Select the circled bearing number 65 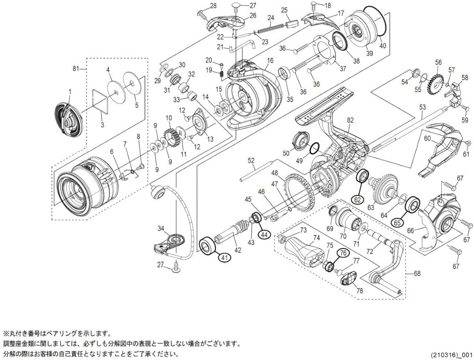(397, 221)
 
